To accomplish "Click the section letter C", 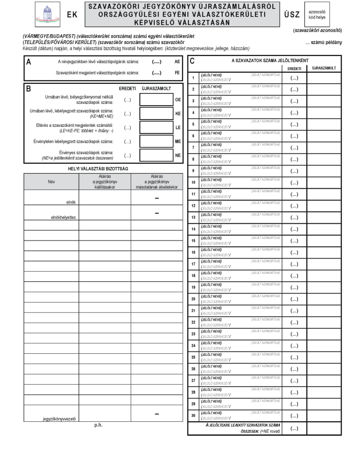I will tap(192, 62).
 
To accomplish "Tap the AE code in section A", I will tap(177, 63).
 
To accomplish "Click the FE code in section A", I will tap(177, 72).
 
